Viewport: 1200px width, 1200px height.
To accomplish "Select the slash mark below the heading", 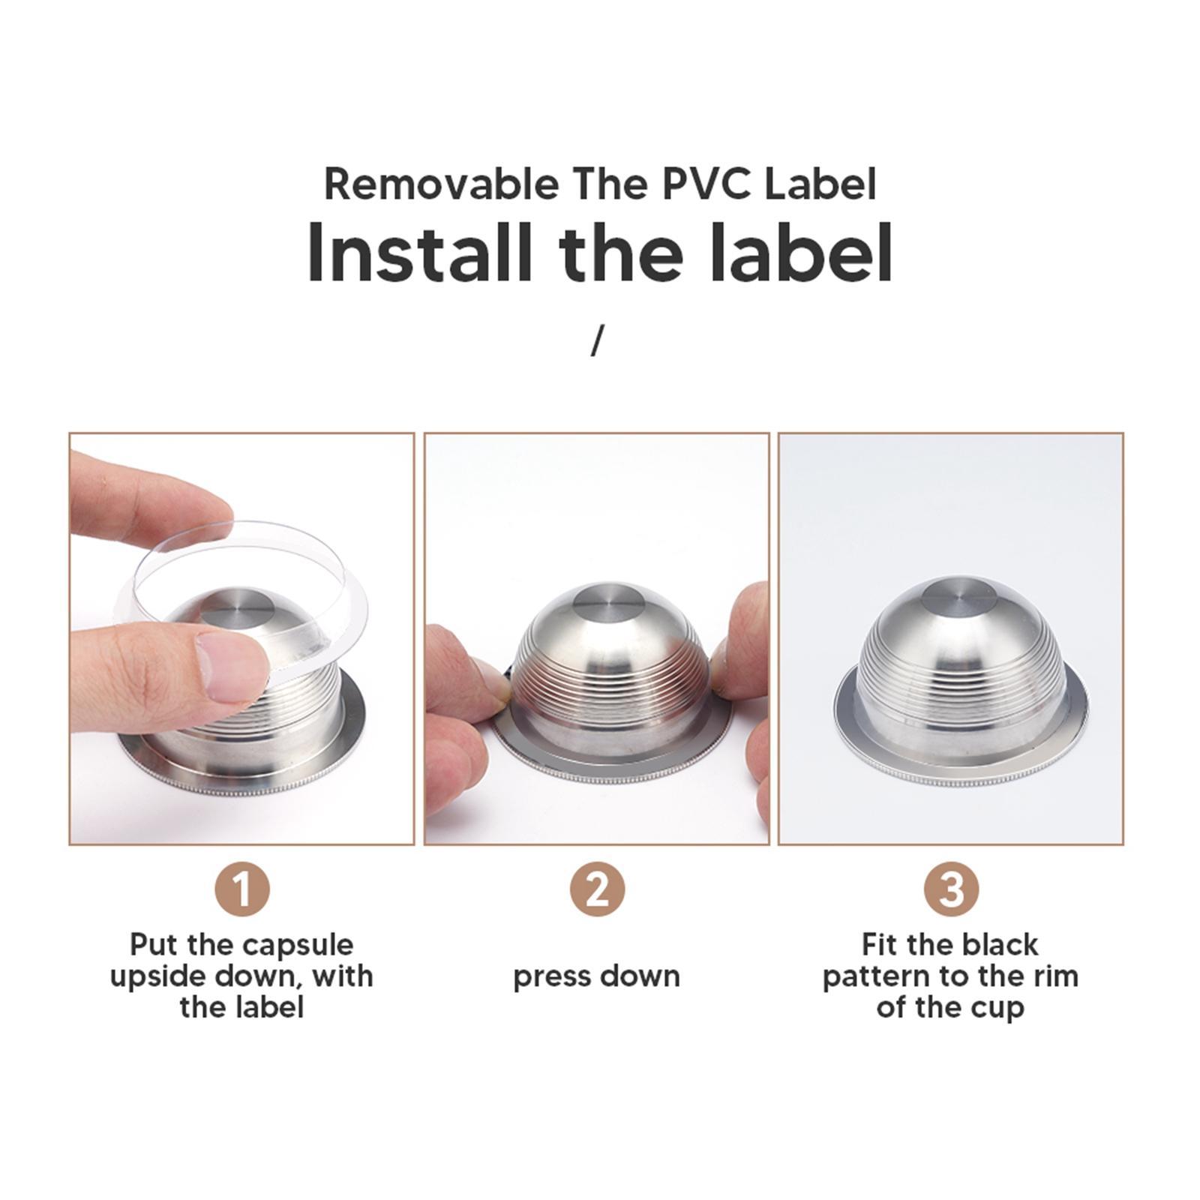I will click(597, 340).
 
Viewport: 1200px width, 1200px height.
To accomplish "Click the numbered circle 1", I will click(241, 889).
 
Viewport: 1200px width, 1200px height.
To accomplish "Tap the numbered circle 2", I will click(596, 889).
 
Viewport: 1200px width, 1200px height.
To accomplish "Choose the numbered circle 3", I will click(951, 889).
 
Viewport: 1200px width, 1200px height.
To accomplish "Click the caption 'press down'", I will click(596, 976).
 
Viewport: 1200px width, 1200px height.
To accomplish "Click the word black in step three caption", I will click(1000, 944).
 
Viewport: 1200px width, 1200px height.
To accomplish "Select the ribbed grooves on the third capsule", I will click(950, 660).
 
